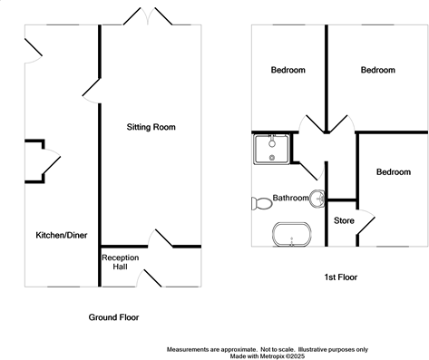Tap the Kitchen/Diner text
click(x=60, y=235)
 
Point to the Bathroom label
click(x=290, y=198)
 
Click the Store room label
click(x=344, y=220)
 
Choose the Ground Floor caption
click(x=113, y=317)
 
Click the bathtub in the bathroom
click(x=292, y=235)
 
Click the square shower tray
click(x=272, y=148)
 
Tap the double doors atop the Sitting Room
click(x=151, y=16)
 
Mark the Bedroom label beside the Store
click(x=393, y=172)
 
